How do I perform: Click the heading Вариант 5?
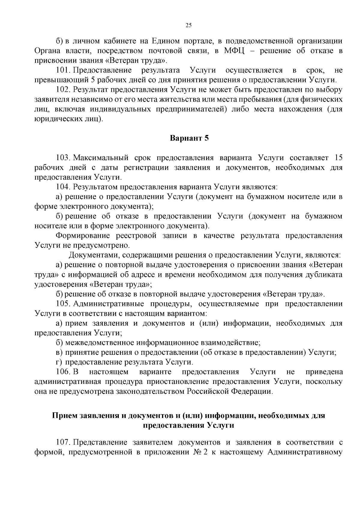tap(189, 138)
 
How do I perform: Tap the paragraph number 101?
tap(63, 70)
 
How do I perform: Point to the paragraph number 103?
tap(63, 158)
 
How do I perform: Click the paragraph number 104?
tap(63, 187)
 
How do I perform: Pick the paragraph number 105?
tap(63, 304)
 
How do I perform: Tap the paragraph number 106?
tap(63, 372)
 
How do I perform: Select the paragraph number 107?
tap(63, 442)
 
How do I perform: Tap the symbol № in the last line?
tap(197, 452)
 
